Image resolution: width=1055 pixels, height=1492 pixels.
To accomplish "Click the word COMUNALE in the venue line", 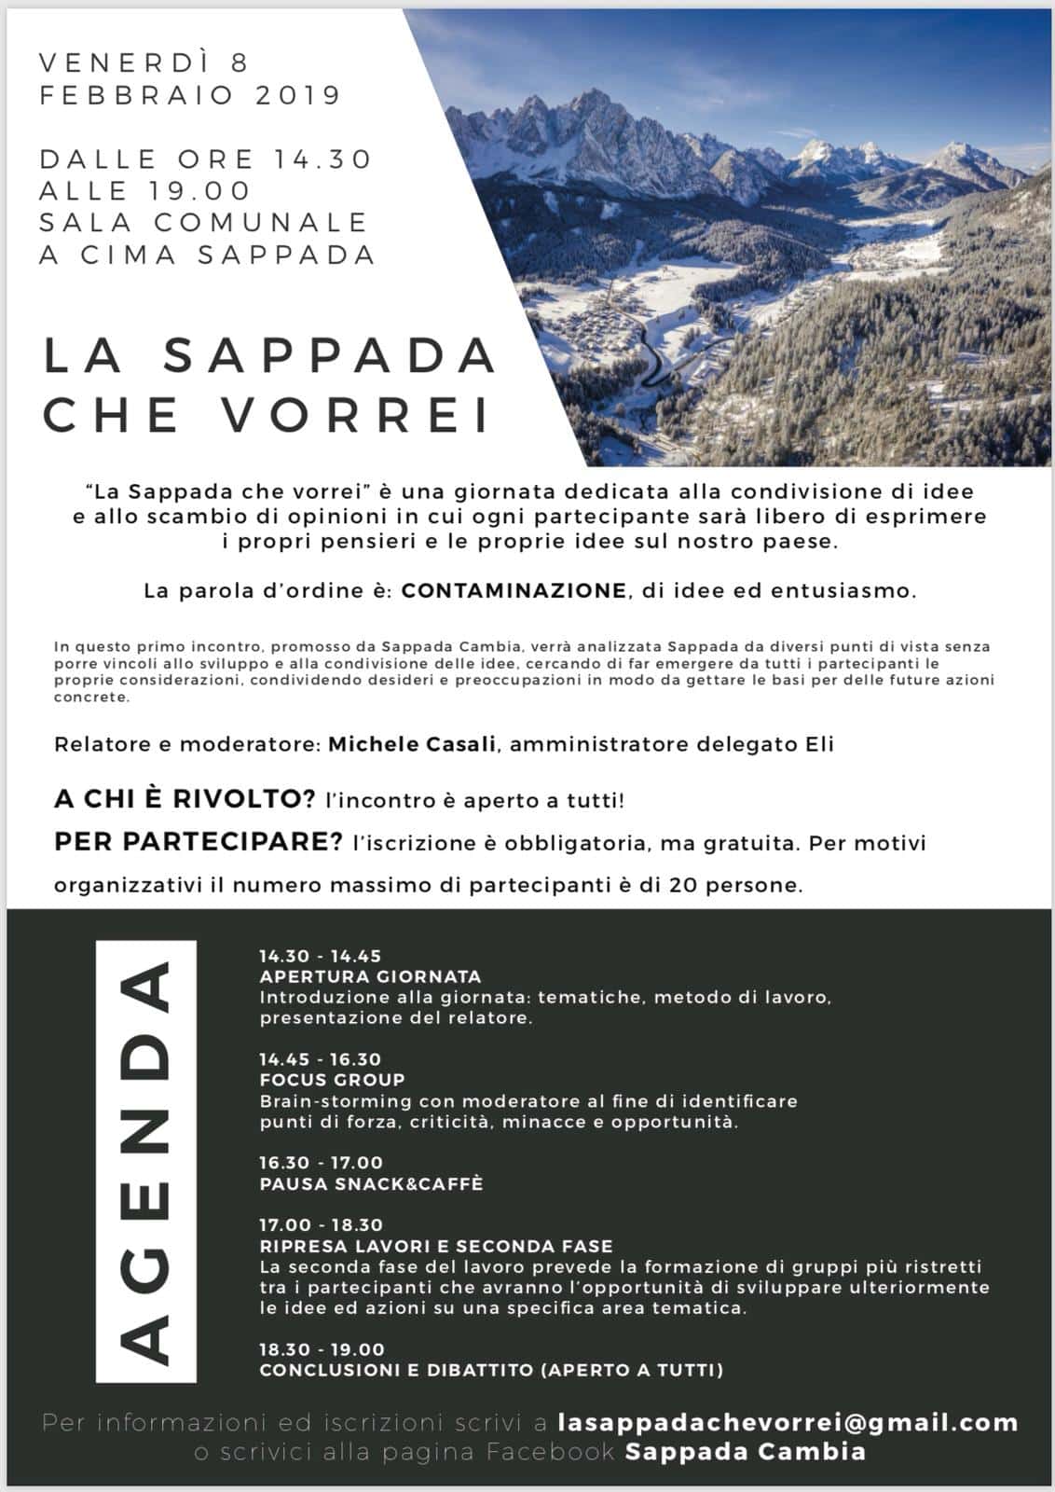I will [x=262, y=222].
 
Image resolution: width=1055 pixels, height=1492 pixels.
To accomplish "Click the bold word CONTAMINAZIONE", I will [x=514, y=590].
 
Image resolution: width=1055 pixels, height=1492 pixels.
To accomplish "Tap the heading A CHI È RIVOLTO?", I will [x=185, y=799].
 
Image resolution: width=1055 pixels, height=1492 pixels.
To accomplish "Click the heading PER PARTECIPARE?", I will [x=199, y=842].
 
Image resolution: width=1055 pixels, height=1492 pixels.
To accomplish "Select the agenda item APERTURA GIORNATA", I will [x=370, y=976].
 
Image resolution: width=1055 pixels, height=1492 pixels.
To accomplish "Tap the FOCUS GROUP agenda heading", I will [x=332, y=1080].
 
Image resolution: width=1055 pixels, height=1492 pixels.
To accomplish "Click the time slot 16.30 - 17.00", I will [x=321, y=1162].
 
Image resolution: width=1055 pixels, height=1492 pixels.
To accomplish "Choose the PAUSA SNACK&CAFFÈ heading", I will [x=371, y=1183].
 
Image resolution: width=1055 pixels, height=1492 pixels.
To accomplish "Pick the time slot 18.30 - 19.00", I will [x=322, y=1348].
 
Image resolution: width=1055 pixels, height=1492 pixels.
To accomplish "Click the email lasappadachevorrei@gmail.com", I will [x=788, y=1423].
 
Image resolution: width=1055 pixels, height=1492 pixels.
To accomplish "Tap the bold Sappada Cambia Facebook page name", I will [x=746, y=1452].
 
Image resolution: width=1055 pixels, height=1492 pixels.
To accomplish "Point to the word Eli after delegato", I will [x=820, y=744].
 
